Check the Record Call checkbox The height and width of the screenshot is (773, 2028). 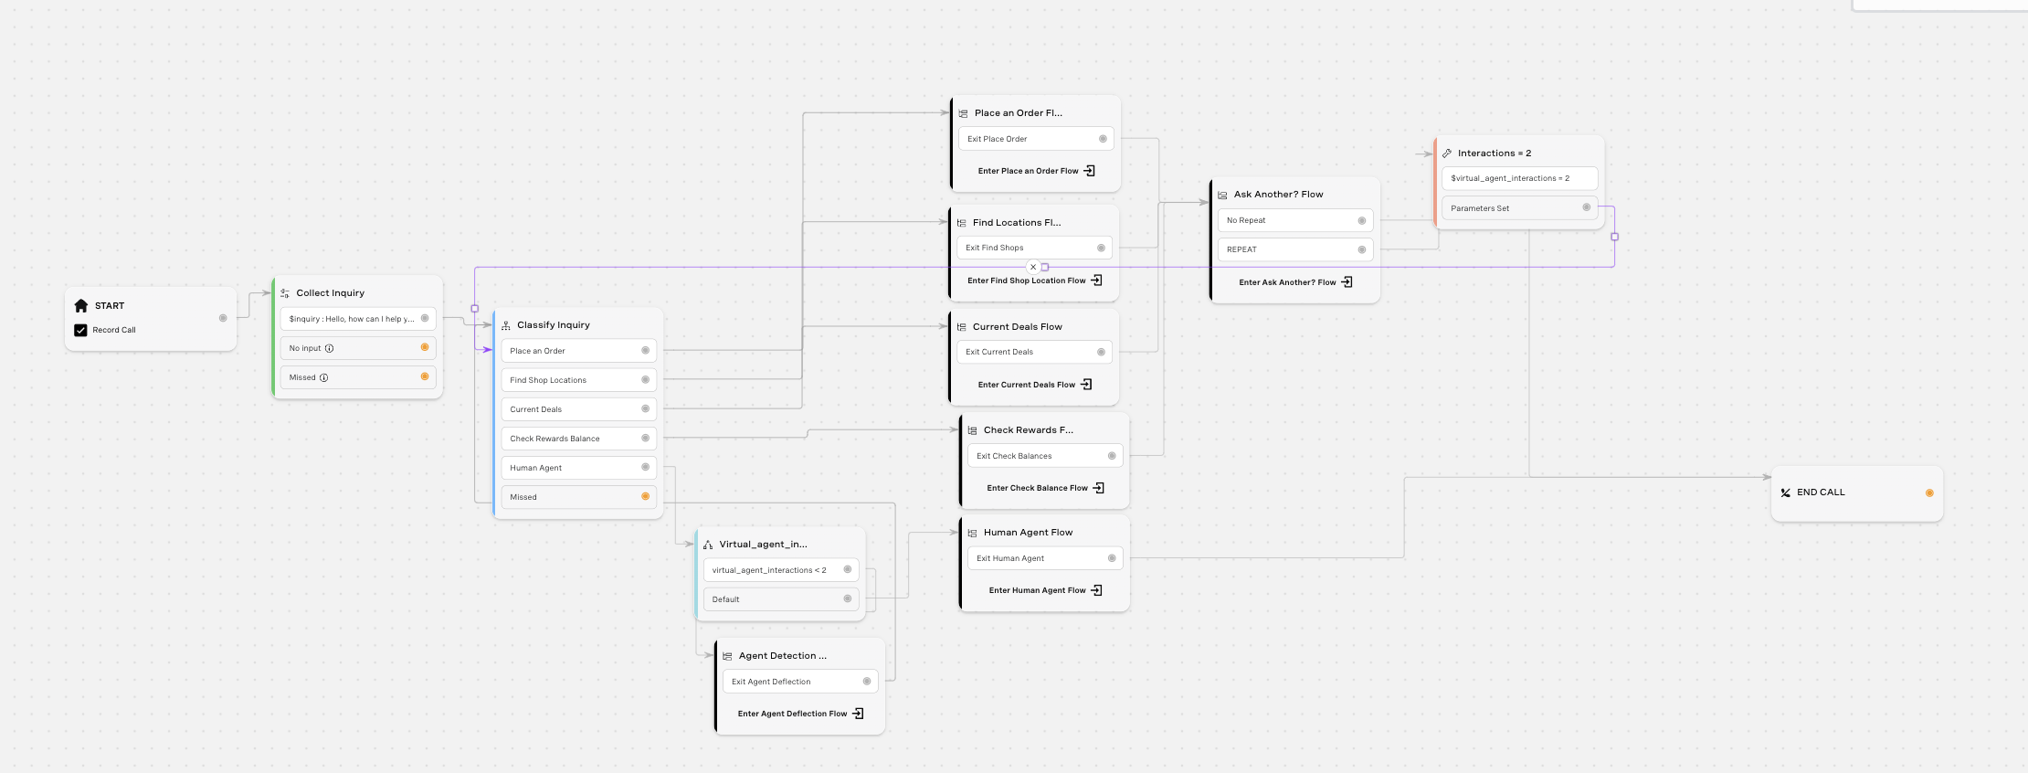pyautogui.click(x=80, y=330)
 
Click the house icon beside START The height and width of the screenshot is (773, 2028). pyautogui.click(x=80, y=305)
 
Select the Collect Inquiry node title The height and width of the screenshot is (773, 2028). pyautogui.click(x=330, y=293)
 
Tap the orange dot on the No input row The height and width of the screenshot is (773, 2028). pyautogui.click(x=425, y=347)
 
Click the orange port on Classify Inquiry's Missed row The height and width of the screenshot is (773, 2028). pyautogui.click(x=645, y=496)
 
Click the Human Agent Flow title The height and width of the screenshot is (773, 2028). pyautogui.click(x=1028, y=533)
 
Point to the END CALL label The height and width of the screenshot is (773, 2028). pyautogui.click(x=1821, y=492)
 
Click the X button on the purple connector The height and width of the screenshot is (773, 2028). pyautogui.click(x=1033, y=268)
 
